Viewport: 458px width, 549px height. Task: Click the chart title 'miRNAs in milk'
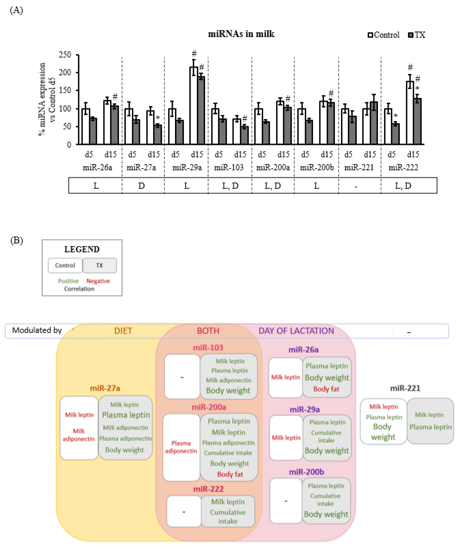point(241,34)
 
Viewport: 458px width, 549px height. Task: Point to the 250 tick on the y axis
point(65,55)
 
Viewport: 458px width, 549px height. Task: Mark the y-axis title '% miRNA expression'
point(42,99)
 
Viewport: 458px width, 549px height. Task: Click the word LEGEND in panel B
point(82,249)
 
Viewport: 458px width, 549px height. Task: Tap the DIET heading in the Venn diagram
point(123,331)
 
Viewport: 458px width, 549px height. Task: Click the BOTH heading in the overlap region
point(208,331)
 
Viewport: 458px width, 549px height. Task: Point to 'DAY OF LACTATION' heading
point(296,331)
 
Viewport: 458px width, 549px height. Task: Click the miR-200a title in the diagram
point(209,407)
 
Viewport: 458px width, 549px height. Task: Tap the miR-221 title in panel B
point(405,388)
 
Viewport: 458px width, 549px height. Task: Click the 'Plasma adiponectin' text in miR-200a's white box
point(181,447)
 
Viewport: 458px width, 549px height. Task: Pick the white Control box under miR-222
point(184,512)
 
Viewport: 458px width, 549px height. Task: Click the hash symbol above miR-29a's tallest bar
point(194,54)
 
